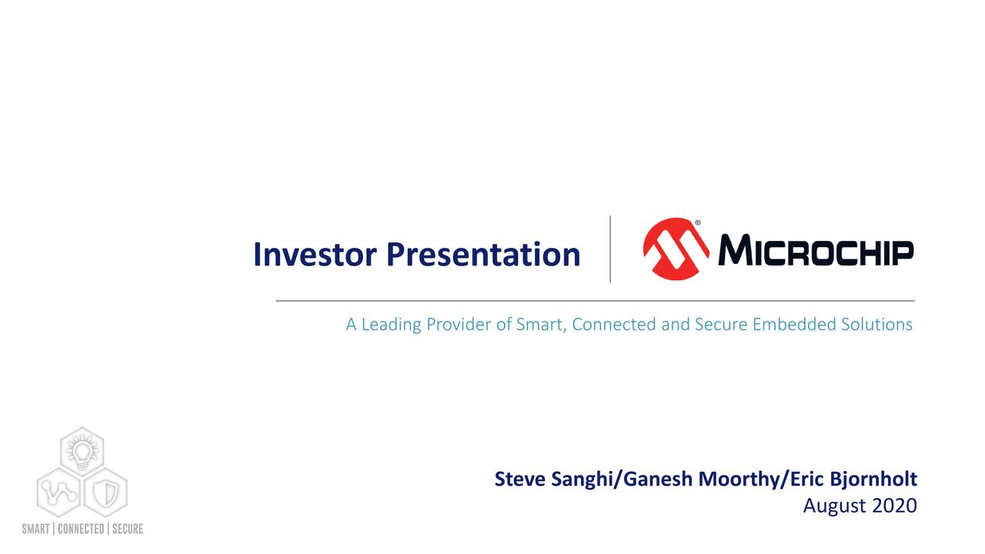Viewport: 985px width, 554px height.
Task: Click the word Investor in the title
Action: tap(316, 255)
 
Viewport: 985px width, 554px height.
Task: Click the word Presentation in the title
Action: tap(483, 255)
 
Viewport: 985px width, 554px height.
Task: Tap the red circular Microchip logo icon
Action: tap(676, 249)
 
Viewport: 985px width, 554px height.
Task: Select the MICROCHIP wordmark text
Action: tap(816, 251)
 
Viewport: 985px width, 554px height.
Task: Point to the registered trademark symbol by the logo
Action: tap(698, 223)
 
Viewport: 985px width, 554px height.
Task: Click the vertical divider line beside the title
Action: tap(610, 249)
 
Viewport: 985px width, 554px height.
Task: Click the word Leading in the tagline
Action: tap(392, 325)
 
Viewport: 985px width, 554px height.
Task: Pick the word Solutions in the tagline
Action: tap(876, 325)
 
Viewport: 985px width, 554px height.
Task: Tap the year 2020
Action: tap(896, 506)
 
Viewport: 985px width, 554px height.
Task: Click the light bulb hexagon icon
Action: tap(82, 450)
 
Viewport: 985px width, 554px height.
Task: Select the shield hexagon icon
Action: tap(105, 492)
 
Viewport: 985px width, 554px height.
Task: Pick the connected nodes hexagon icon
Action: tap(58, 492)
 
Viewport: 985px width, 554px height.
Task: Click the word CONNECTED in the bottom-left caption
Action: tap(82, 529)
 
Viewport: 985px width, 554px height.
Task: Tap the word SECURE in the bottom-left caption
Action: tap(127, 529)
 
